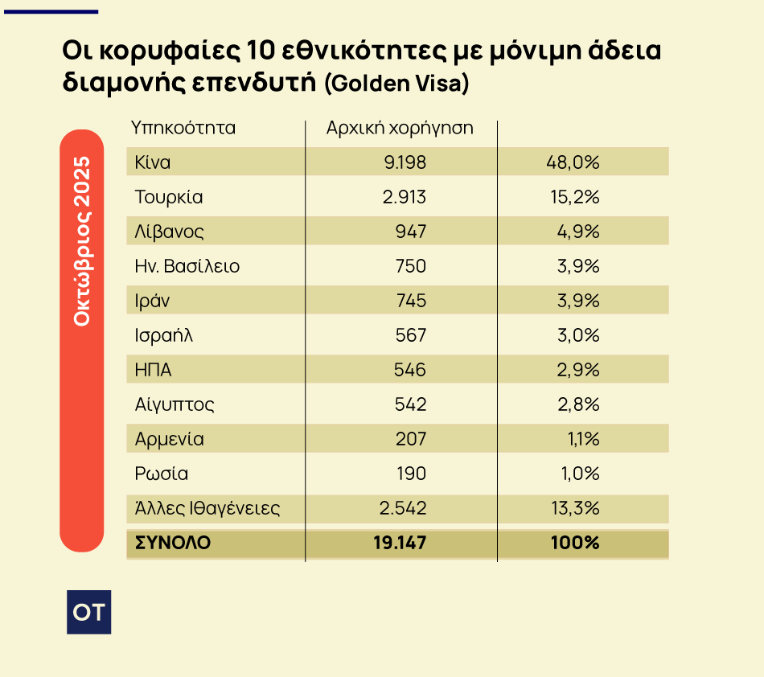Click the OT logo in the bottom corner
tap(88, 612)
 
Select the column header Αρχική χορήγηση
tap(400, 128)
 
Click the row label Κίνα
tap(153, 162)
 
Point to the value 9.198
tap(405, 162)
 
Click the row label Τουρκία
tap(169, 197)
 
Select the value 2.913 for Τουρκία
tap(405, 197)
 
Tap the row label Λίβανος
tap(170, 232)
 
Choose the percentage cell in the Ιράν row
tap(578, 301)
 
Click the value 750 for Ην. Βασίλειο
tap(411, 266)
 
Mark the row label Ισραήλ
tap(165, 335)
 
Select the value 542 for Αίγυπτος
tap(411, 404)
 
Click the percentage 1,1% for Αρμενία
tap(581, 439)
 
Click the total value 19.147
tap(400, 543)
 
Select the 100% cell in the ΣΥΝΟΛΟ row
tap(575, 543)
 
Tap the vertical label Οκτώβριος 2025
tap(82, 240)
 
